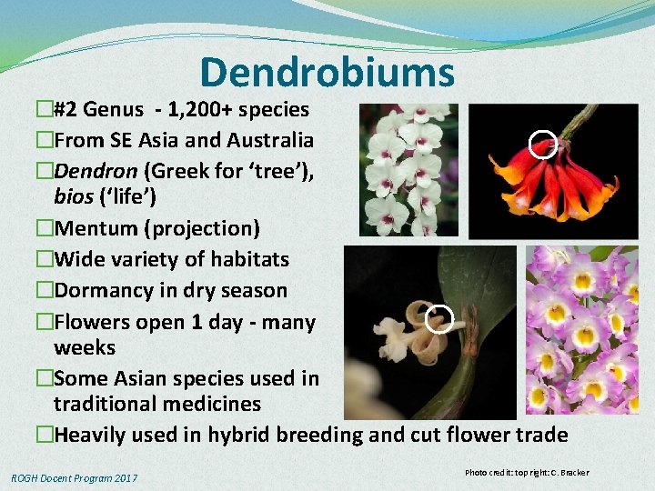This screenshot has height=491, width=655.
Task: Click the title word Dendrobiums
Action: coord(327,73)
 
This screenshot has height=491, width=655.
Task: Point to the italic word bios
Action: coord(74,196)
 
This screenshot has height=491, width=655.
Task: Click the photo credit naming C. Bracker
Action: coord(526,473)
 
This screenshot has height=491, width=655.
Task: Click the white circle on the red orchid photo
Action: coord(542,145)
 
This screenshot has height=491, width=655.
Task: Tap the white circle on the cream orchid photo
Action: coord(439,319)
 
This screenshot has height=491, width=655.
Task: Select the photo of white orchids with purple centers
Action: coord(404,170)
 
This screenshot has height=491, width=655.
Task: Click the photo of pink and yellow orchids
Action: coord(582,329)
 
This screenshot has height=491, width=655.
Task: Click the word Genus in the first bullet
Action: coord(111,110)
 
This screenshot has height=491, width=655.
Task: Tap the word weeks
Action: coord(85,347)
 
